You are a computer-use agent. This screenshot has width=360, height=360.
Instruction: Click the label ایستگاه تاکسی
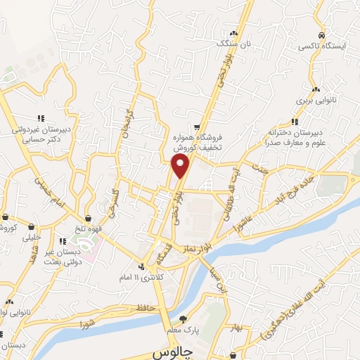pos(326,46)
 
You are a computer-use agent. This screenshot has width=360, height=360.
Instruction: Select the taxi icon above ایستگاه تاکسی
pos(321,35)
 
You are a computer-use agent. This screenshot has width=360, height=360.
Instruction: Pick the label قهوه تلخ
pos(89,229)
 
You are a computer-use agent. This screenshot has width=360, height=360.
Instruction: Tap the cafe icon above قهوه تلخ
pos(89,218)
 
